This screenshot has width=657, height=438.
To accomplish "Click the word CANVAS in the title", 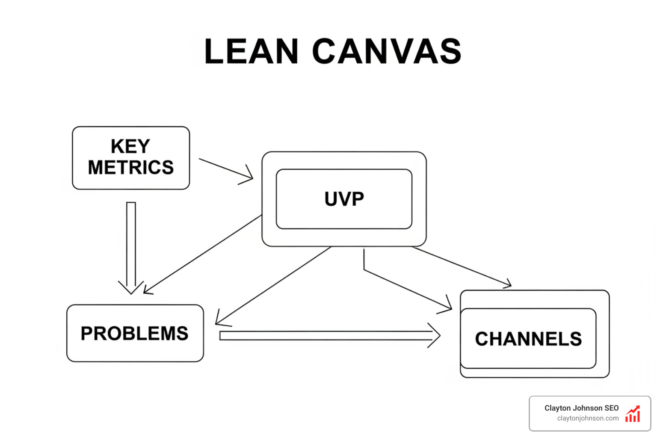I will [x=387, y=52].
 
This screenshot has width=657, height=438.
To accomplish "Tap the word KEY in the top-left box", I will [x=130, y=147].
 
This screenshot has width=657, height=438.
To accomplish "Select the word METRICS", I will [x=131, y=168].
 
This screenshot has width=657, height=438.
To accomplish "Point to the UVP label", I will [x=344, y=199].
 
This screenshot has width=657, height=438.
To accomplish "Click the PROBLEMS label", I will [x=134, y=334].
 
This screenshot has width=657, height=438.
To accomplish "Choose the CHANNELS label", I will [x=528, y=339].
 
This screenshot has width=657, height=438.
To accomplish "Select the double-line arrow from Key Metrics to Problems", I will [x=131, y=244].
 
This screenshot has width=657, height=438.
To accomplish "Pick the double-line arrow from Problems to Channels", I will [x=325, y=336].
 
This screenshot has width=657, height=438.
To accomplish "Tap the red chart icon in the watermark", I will [x=633, y=414].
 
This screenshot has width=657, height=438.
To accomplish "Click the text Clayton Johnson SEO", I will [x=581, y=408].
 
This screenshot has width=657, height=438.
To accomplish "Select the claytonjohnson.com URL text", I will [x=588, y=418].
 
